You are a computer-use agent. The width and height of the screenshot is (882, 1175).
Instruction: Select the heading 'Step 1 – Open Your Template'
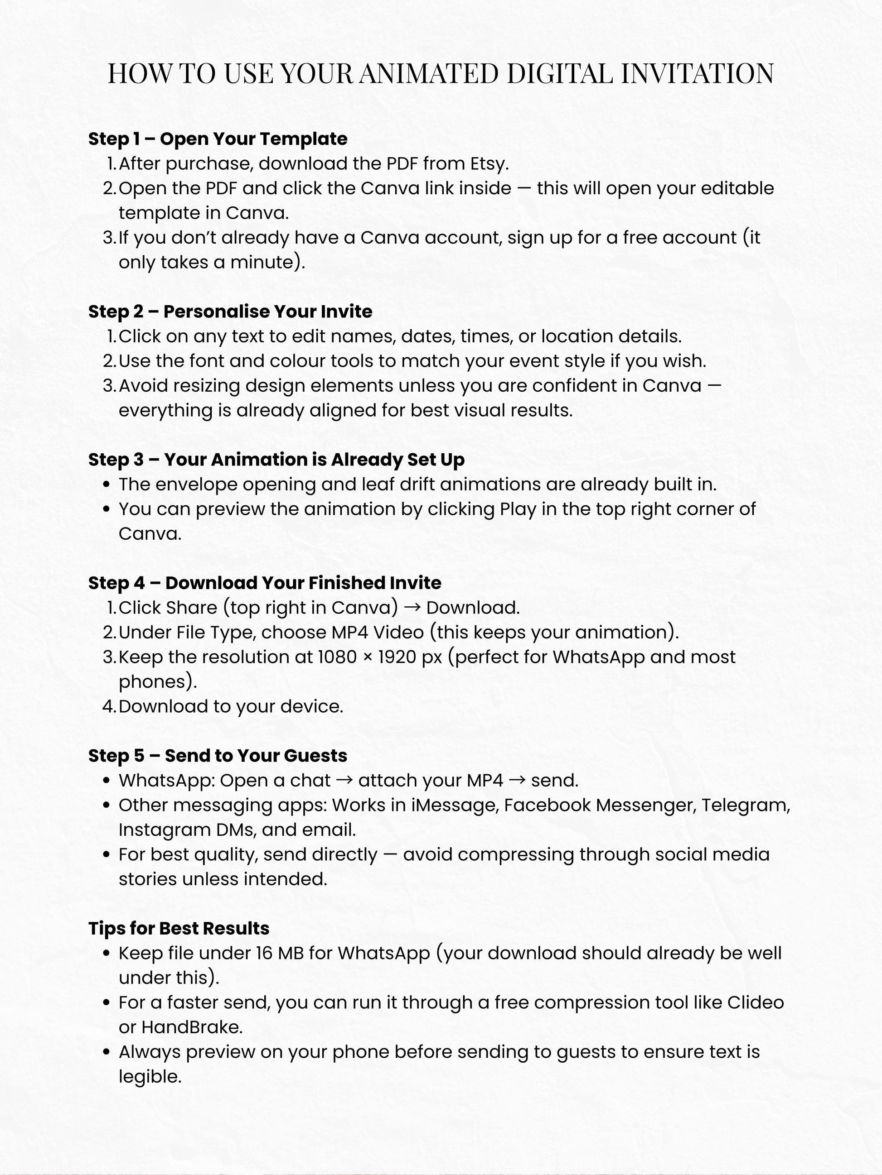click(x=218, y=139)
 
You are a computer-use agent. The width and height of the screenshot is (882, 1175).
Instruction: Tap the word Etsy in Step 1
click(x=488, y=163)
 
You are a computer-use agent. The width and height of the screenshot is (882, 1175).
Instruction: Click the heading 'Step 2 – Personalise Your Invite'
click(x=230, y=311)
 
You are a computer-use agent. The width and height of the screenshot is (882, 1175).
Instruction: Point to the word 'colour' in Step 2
click(x=297, y=361)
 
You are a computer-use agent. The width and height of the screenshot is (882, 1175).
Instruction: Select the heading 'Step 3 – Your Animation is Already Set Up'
click(x=276, y=460)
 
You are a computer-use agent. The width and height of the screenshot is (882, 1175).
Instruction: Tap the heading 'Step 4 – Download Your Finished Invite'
click(x=264, y=583)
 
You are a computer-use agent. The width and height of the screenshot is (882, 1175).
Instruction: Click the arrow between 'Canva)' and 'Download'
click(x=412, y=608)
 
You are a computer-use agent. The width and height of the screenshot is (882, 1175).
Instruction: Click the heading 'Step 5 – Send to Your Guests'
click(x=218, y=755)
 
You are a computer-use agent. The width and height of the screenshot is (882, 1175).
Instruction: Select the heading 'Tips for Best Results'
click(x=179, y=928)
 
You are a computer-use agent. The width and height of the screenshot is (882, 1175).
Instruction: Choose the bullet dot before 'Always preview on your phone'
click(x=107, y=1052)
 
